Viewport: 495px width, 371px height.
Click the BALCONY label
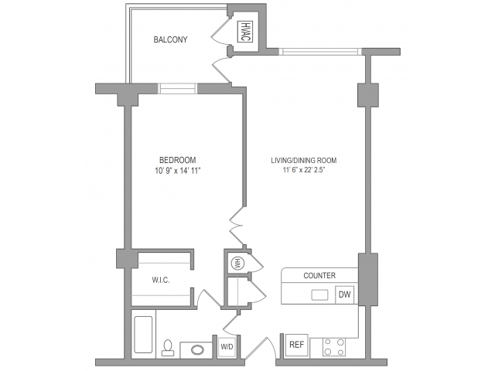pos(170,39)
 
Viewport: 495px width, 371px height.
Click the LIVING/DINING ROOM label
pos(303,161)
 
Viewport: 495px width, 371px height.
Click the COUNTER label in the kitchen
pos(319,275)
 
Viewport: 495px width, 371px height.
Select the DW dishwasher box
pos(345,294)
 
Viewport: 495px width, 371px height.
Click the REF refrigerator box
pos(296,345)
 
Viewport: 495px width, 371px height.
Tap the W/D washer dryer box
pos(227,347)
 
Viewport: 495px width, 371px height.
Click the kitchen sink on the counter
pos(319,294)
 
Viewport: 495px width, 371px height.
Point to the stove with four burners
pos(333,346)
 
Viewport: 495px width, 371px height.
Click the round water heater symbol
pos(236,264)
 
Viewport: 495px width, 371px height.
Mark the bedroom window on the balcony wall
pos(178,87)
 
